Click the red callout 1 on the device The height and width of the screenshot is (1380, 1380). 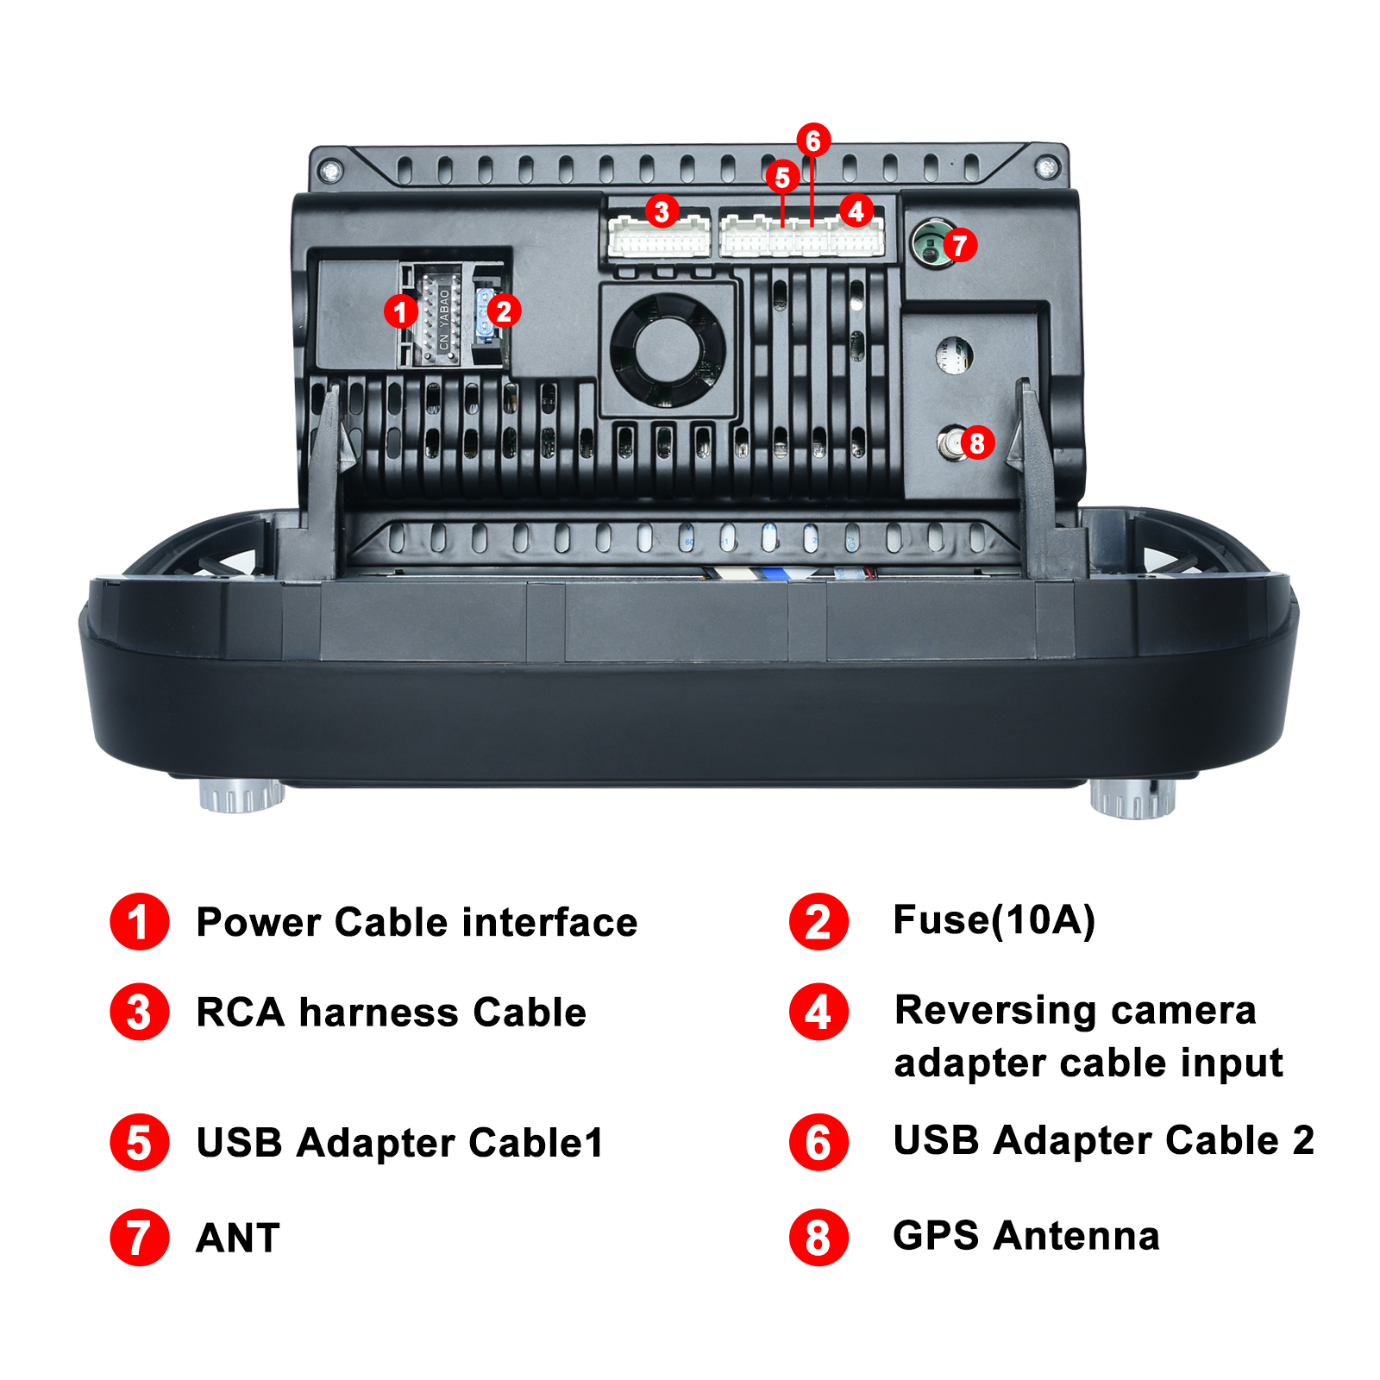(400, 310)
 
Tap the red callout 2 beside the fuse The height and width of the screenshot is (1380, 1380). (504, 310)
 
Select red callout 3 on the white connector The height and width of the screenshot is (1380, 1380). (662, 210)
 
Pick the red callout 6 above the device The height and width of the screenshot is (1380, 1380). (812, 140)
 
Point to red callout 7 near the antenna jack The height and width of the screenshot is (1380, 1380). (960, 245)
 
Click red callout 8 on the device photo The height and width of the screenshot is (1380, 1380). (976, 442)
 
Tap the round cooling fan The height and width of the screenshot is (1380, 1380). (668, 350)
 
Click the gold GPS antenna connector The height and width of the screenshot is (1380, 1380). (950, 443)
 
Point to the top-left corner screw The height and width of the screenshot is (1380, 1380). (329, 171)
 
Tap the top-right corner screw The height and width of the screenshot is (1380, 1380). (1047, 167)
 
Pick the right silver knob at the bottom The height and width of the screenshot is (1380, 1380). (1132, 798)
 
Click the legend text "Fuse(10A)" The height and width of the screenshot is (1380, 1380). (994, 920)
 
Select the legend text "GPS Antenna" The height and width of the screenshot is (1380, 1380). (1026, 1236)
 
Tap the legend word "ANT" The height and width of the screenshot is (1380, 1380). (238, 1239)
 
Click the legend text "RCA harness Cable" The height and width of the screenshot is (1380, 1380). (392, 1013)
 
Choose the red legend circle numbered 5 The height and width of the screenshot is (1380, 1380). (140, 1142)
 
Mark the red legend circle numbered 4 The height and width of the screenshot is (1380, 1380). (819, 1012)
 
